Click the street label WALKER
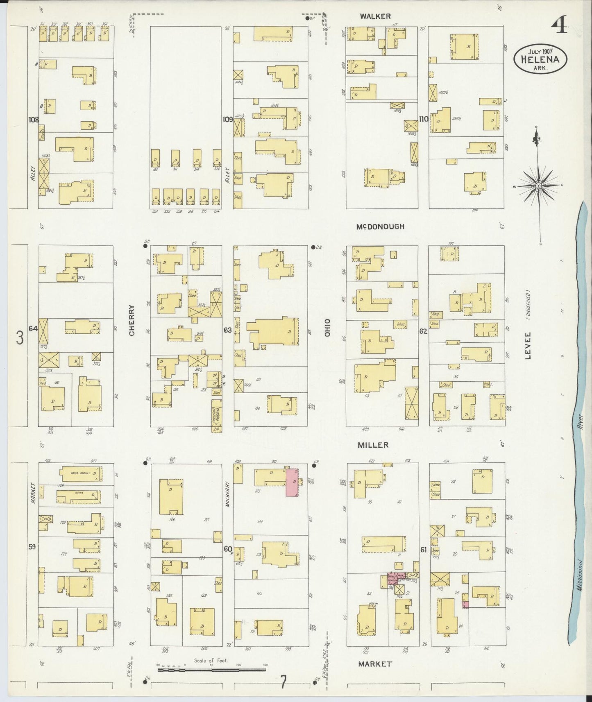375,16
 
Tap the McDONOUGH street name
380,226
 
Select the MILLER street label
372,445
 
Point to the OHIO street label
327,328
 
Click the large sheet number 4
559,27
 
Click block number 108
33,120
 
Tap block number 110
423,119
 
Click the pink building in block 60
292,483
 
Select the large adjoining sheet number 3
19,339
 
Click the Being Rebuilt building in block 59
80,474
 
